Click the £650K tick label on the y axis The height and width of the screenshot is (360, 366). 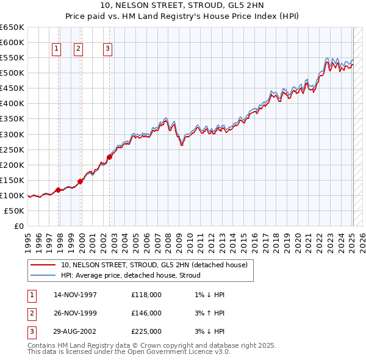(x=12, y=27)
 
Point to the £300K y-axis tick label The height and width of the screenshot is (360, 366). (x=12, y=134)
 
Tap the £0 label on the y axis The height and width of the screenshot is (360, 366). (x=18, y=226)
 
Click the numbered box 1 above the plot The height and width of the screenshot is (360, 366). (x=56, y=49)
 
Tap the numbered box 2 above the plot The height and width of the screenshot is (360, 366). (x=79, y=49)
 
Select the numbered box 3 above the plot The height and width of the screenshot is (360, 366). (x=107, y=49)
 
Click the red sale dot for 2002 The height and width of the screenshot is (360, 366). (x=110, y=157)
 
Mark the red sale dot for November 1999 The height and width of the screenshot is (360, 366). (x=80, y=181)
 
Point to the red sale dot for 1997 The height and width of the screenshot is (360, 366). (x=59, y=190)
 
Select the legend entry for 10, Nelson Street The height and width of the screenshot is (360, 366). (x=154, y=265)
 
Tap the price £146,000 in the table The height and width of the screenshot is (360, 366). (x=146, y=314)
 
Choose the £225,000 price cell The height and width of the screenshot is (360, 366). (x=146, y=332)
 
